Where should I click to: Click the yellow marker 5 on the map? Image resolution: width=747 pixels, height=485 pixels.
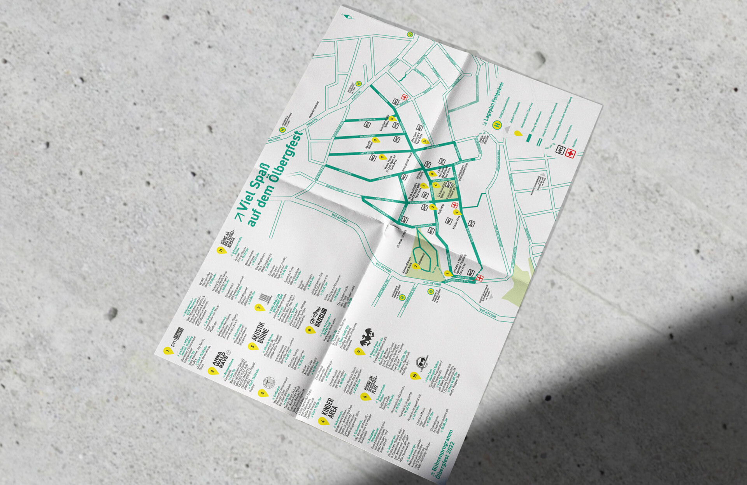pyautogui.click(x=375, y=140)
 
